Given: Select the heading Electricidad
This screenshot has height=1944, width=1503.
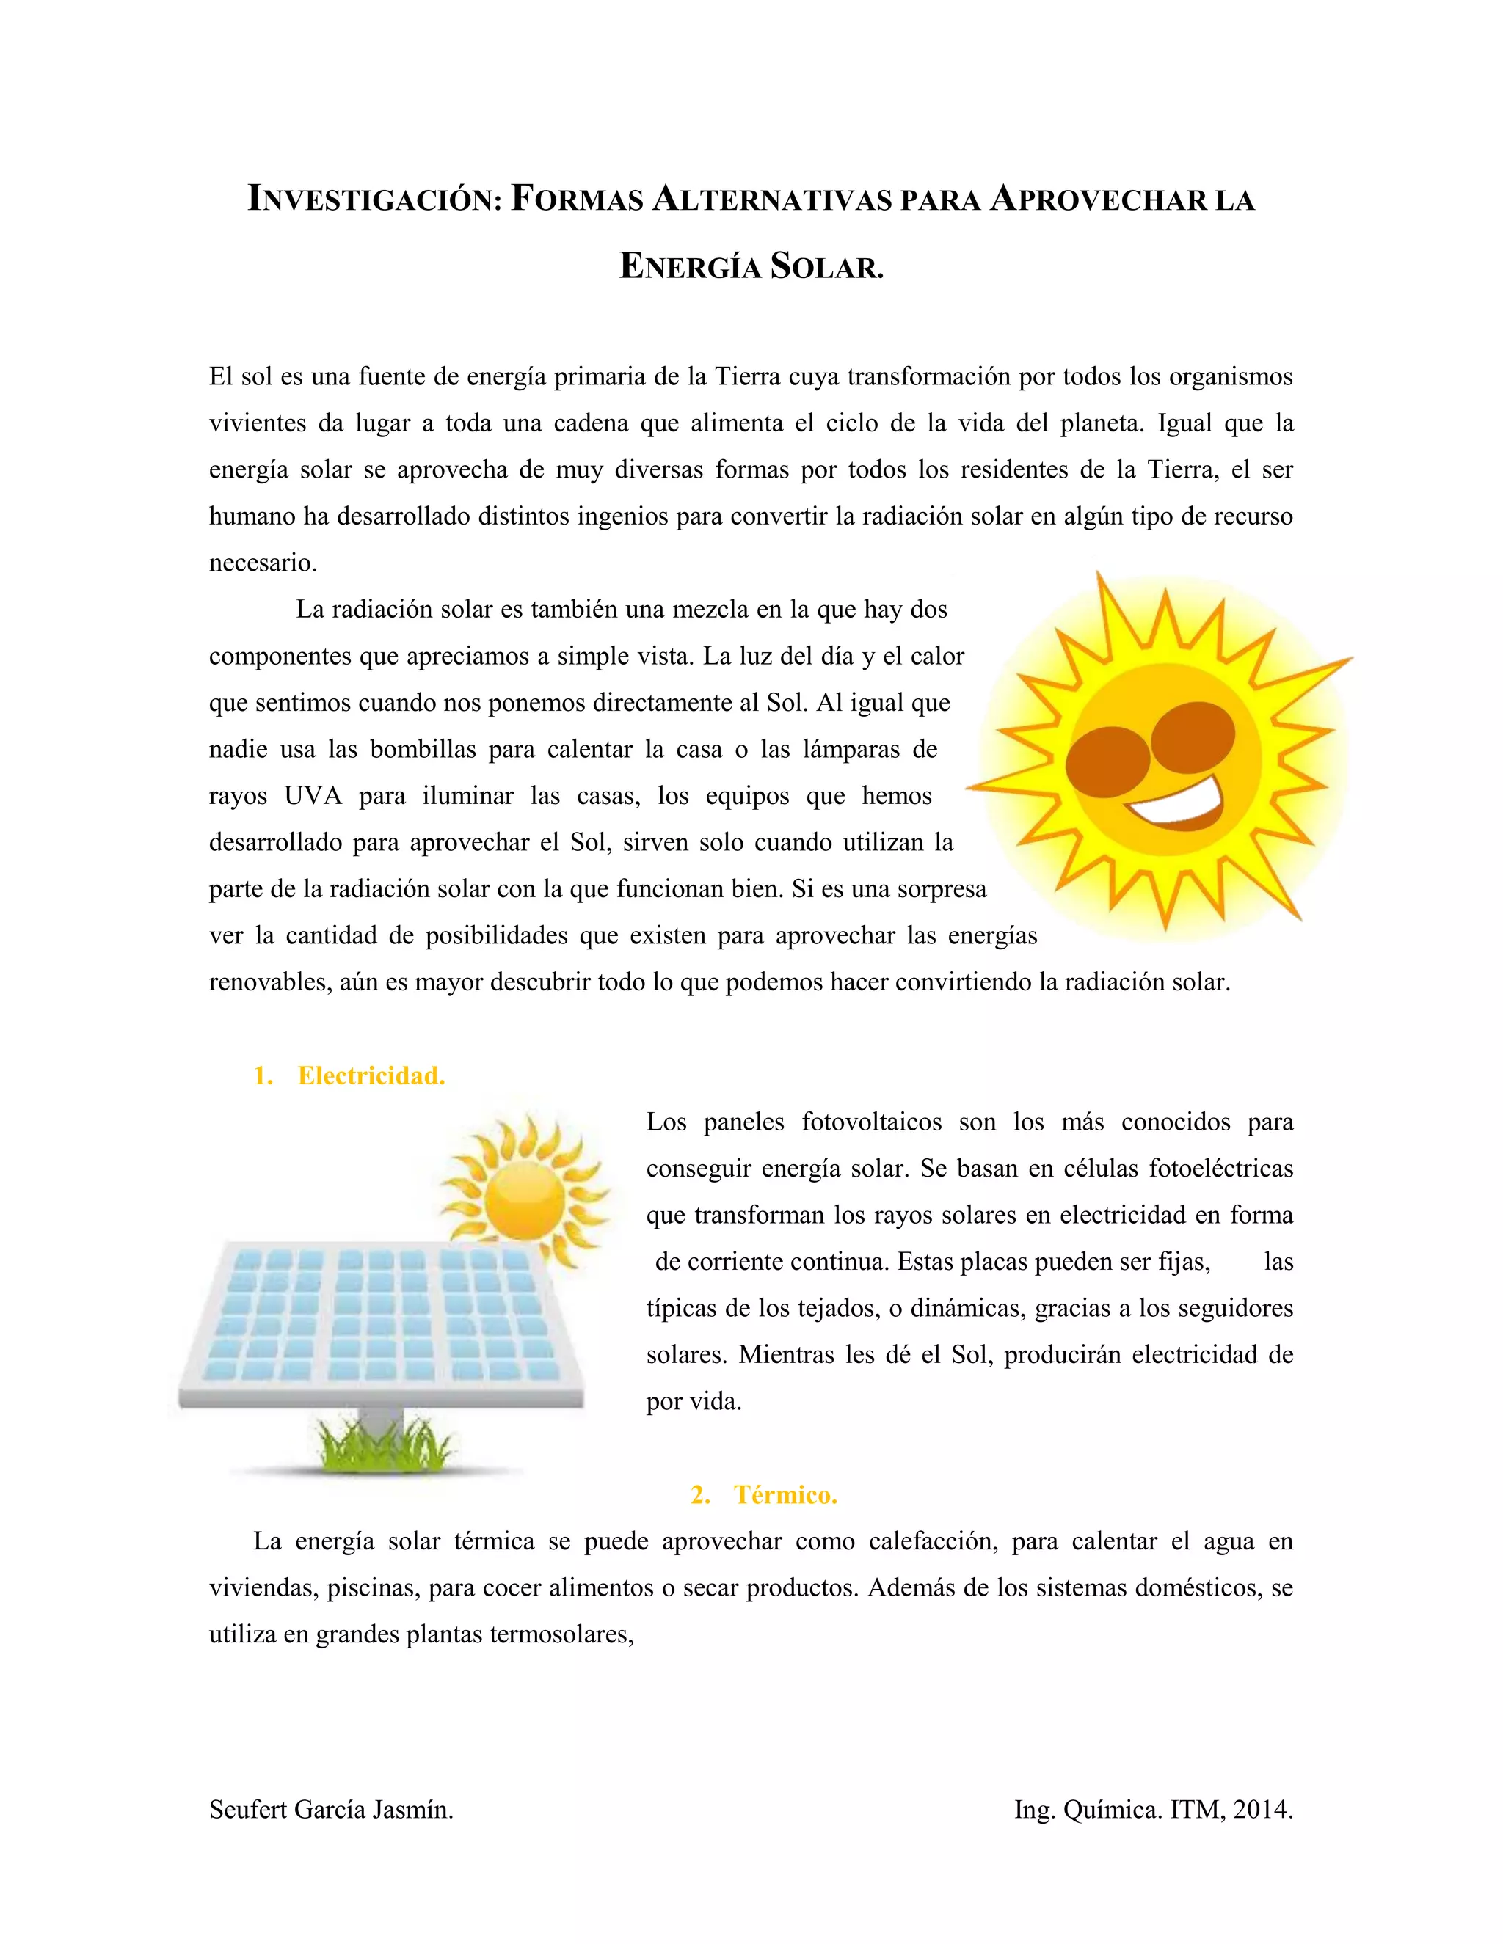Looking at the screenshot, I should [x=371, y=1075].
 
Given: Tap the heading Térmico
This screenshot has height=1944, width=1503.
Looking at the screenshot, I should [x=785, y=1494].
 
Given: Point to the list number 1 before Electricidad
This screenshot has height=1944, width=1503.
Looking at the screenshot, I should [x=262, y=1075].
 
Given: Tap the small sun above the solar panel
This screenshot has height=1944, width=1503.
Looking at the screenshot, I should [x=525, y=1192].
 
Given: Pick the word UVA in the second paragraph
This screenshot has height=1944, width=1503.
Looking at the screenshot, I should [x=313, y=796].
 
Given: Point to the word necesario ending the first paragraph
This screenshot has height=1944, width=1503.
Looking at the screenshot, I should [x=263, y=563].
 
